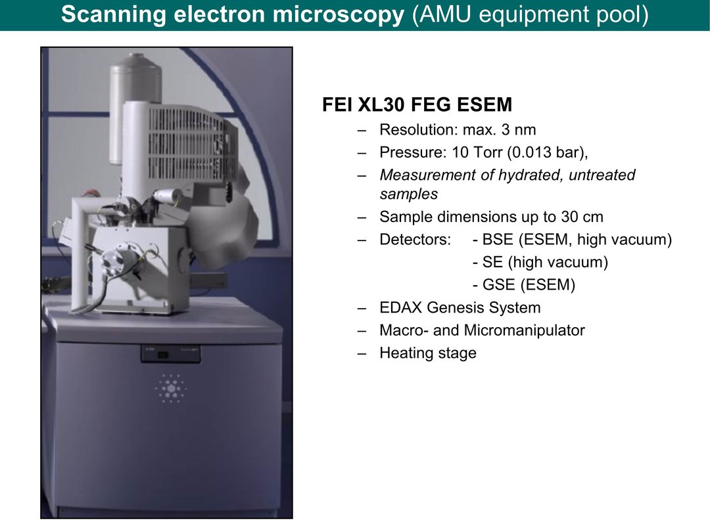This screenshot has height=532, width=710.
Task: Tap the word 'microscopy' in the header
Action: [x=339, y=14]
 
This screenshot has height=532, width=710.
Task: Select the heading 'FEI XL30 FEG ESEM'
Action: [x=417, y=104]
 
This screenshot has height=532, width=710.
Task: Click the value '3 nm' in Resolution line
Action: [x=519, y=130]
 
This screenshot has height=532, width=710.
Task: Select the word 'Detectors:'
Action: [x=415, y=239]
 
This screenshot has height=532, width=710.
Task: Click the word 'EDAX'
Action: [x=401, y=307]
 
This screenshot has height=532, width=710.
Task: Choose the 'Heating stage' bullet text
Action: [x=428, y=353]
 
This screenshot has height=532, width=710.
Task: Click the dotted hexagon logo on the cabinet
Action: [x=170, y=388]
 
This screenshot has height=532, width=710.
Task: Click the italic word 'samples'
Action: [x=408, y=194]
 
